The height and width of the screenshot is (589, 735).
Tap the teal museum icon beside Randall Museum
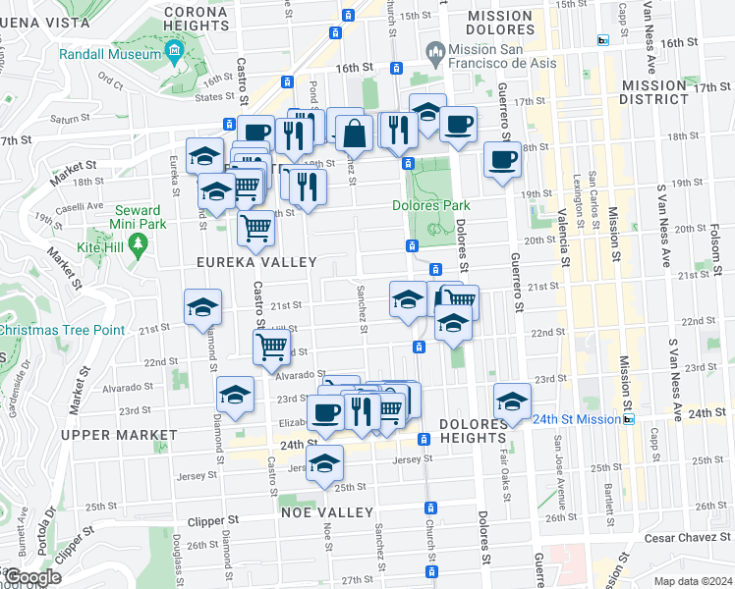tap(175, 50)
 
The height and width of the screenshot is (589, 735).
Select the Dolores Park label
tap(431, 206)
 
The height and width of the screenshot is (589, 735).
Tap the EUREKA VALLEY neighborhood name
tap(256, 262)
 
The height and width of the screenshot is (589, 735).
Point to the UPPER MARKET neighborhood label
tap(106, 434)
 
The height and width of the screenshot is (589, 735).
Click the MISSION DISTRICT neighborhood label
tap(669, 92)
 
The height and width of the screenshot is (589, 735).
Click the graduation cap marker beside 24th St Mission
tap(512, 401)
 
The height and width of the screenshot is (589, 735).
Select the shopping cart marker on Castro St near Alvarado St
tap(270, 347)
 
